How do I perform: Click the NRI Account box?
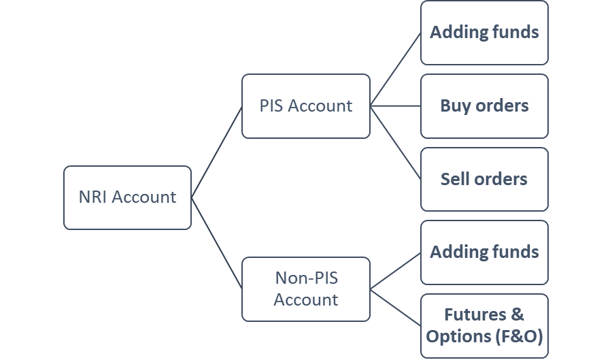point(127,197)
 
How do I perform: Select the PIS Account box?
point(306,106)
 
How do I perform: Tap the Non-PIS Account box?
point(306,289)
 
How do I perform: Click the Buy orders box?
point(484,106)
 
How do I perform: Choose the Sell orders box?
point(484,179)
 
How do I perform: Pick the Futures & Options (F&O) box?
point(484,325)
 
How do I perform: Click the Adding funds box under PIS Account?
point(484,33)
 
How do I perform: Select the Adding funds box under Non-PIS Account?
point(484,252)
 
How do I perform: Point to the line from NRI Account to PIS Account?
point(217,151)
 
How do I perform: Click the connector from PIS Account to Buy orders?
point(395,106)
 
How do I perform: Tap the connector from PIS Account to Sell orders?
point(395,142)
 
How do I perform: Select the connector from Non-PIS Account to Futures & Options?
point(395,307)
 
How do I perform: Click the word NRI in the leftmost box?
point(92,197)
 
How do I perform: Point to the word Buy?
point(455,106)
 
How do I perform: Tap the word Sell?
point(455,179)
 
